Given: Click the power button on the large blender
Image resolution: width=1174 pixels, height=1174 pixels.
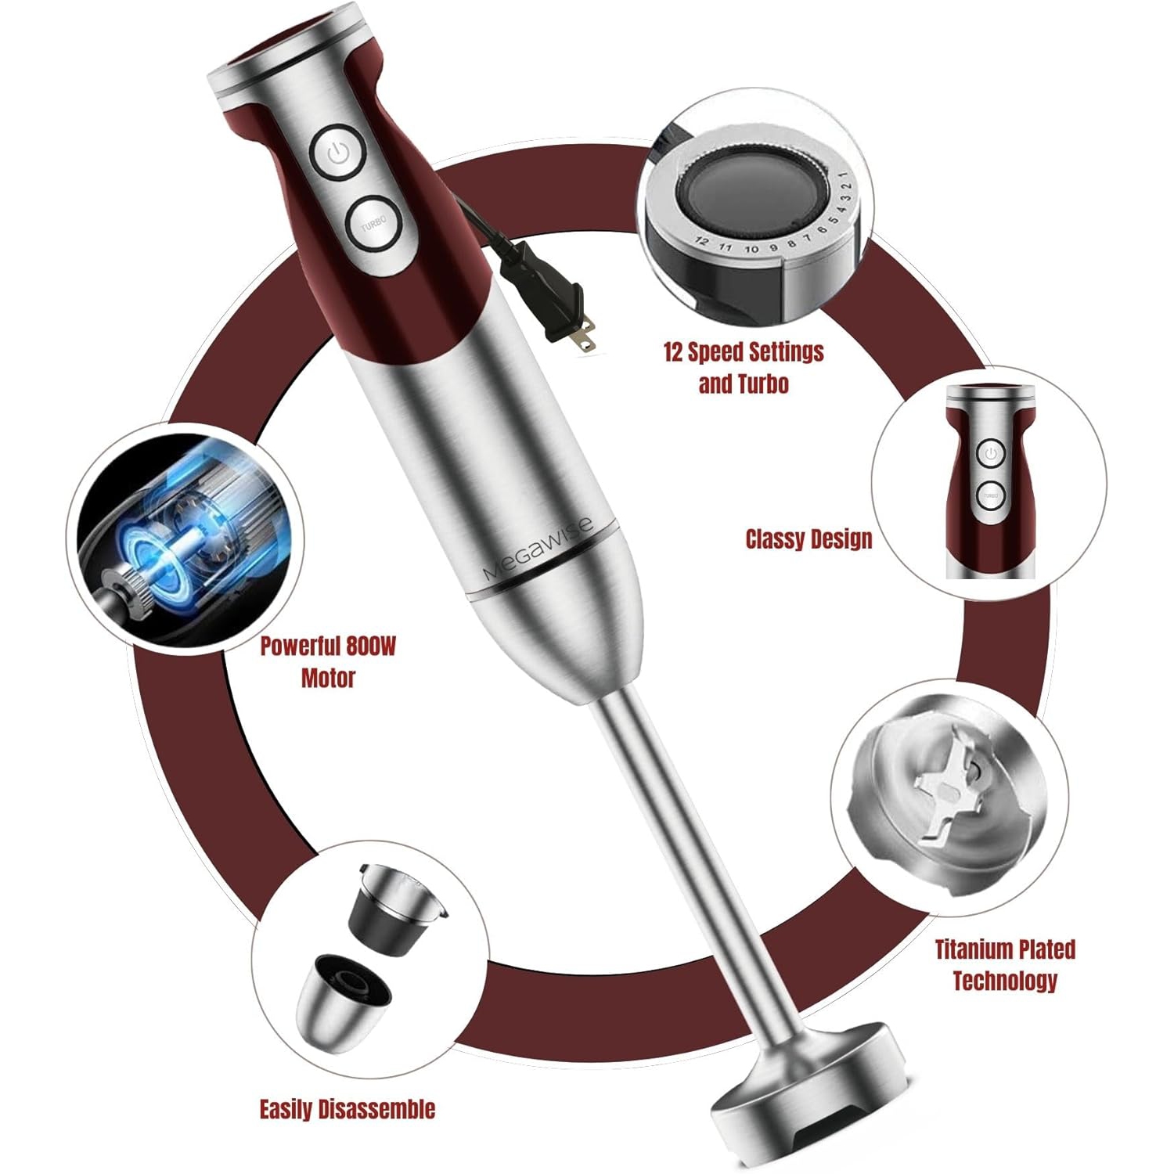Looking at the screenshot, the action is pyautogui.click(x=338, y=153).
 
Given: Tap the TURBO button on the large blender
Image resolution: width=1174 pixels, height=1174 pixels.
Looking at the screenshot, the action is pyautogui.click(x=373, y=223).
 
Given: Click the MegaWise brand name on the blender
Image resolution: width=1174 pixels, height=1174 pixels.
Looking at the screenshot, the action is pyautogui.click(x=537, y=549).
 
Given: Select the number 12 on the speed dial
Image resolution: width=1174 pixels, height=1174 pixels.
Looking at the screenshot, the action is pyautogui.click(x=701, y=242).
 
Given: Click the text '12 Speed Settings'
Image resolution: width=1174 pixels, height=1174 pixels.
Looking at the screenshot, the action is pyautogui.click(x=744, y=352).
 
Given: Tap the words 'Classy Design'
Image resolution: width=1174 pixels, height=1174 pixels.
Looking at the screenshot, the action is pyautogui.click(x=808, y=539).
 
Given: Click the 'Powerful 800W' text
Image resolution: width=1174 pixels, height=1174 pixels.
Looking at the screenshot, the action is pyautogui.click(x=328, y=646).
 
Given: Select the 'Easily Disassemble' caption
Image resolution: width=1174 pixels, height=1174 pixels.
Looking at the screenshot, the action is pyautogui.click(x=347, y=1109).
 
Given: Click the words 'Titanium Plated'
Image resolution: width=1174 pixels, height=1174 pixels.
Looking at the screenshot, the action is pyautogui.click(x=1005, y=949).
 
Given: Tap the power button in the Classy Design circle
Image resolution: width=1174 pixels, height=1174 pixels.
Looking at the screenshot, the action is pyautogui.click(x=991, y=453).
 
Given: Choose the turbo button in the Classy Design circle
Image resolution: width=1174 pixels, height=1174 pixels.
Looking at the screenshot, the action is pyautogui.click(x=990, y=495).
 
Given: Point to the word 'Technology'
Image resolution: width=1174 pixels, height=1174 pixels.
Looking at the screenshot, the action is pyautogui.click(x=1005, y=981).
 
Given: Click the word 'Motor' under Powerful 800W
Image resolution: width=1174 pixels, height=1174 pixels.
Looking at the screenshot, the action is pyautogui.click(x=328, y=678).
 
